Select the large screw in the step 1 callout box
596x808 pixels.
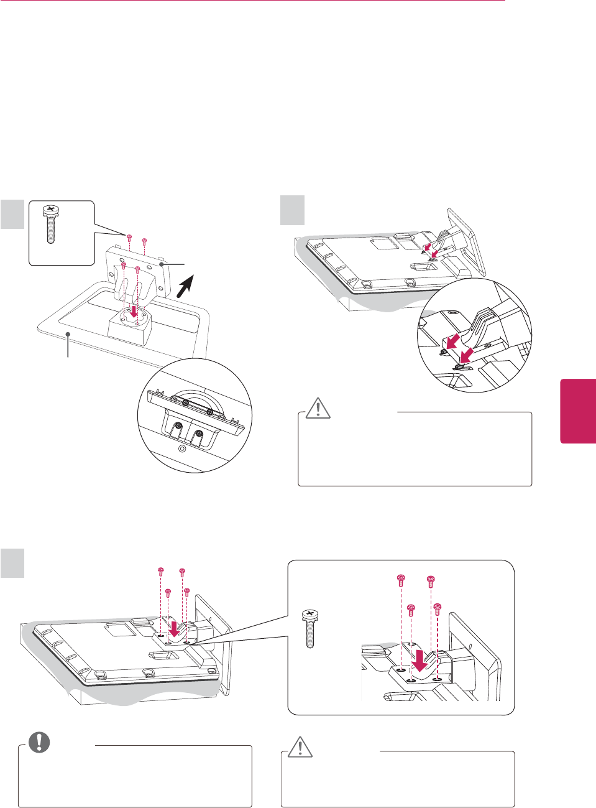coord(50,225)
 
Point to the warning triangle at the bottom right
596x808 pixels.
coord(300,746)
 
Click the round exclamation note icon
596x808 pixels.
coord(39,741)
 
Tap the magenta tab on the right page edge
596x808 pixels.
coord(579,411)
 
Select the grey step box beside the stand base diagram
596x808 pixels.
coord(12,213)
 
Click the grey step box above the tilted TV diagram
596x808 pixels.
coord(292,210)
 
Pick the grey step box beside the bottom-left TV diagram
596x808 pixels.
coord(12,562)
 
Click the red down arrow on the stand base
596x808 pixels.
coord(134,309)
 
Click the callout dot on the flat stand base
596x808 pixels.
coord(68,334)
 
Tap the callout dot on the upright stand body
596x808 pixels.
coord(161,264)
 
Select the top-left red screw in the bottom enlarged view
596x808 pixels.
coord(401,581)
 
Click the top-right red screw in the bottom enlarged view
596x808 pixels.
coord(430,581)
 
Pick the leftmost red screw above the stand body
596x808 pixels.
coord(129,238)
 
